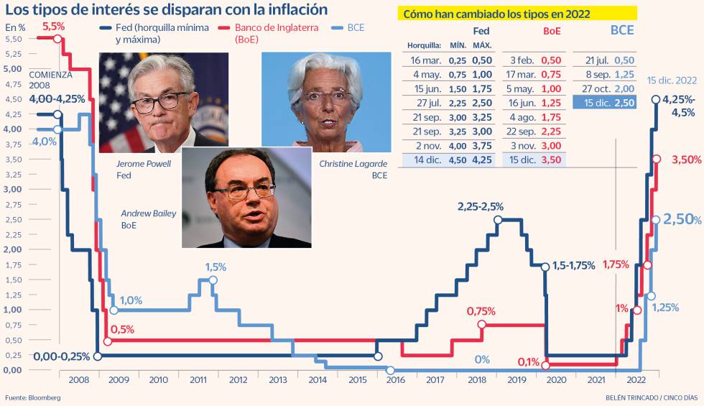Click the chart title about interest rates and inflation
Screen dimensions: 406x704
[x=167, y=10]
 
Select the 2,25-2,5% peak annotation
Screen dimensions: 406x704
[x=480, y=207]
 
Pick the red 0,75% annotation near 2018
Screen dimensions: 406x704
[x=481, y=312]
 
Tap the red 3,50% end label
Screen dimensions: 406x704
[x=686, y=160]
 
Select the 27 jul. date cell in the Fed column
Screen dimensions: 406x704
[x=427, y=103]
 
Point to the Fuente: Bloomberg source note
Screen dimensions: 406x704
[x=32, y=397]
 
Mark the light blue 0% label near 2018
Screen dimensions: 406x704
[x=481, y=359]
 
